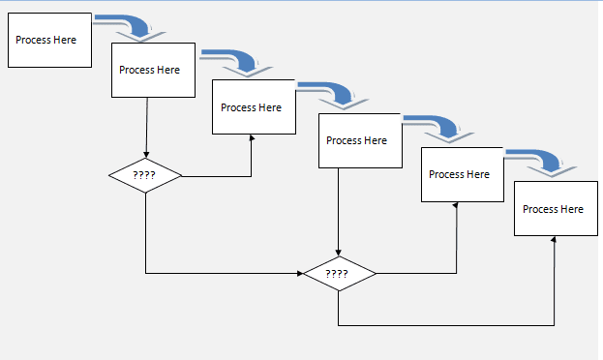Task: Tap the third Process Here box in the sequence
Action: (252, 106)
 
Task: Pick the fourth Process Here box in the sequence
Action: (356, 141)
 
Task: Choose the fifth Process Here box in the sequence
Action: (460, 174)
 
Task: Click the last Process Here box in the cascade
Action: (553, 208)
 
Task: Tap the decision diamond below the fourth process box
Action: (338, 274)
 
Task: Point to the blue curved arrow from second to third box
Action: (237, 61)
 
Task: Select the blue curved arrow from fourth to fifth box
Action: (440, 127)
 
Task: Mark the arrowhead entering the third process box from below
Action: (252, 138)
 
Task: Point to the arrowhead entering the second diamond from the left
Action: (298, 274)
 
